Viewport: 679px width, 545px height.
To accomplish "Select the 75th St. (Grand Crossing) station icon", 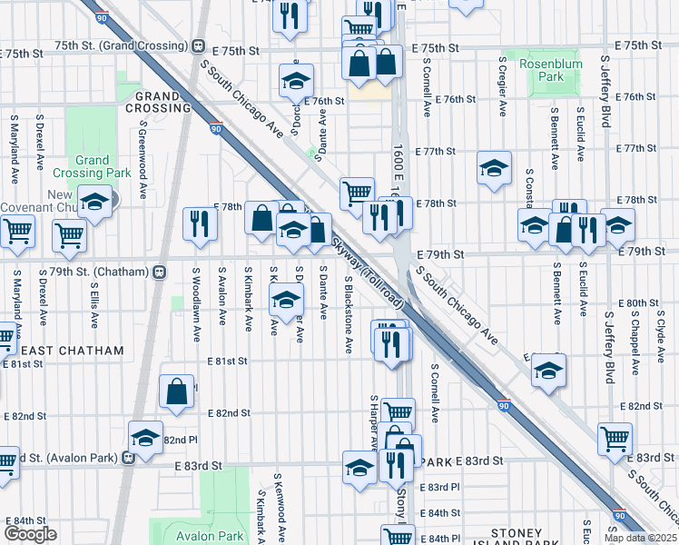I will (198, 45).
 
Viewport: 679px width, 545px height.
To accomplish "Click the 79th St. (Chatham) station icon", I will (160, 272).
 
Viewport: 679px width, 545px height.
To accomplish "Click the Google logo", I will (30, 534).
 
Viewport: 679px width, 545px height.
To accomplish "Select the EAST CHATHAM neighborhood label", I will (55, 351).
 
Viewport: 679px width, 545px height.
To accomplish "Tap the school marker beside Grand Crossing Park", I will (93, 203).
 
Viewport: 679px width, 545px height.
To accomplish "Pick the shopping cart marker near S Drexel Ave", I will (69, 234).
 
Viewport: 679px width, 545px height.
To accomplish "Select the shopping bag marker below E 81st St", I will (177, 391).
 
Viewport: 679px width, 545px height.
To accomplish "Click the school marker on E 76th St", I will (296, 82).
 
